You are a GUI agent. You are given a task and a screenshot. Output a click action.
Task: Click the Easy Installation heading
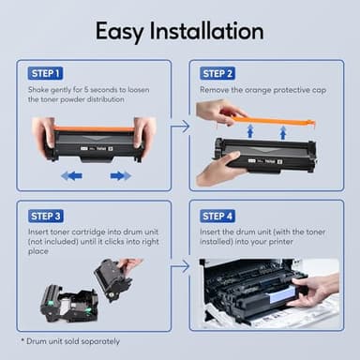pyautogui.click(x=180, y=31)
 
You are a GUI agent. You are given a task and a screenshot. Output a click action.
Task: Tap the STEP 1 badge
pyautogui.click(x=43, y=73)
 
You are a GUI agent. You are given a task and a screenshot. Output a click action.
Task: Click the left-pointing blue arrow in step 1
pyautogui.click(x=71, y=175)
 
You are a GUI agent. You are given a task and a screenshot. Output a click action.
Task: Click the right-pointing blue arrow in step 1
pyautogui.click(x=119, y=175)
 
